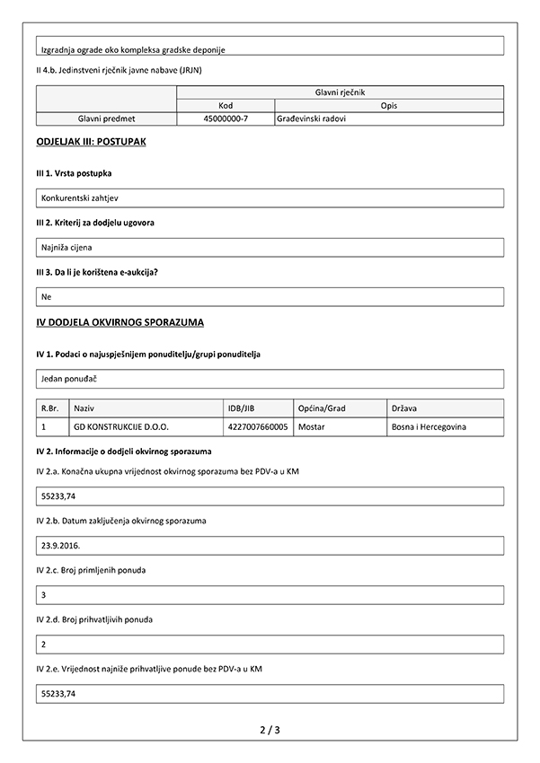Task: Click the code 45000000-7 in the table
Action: pyautogui.click(x=226, y=118)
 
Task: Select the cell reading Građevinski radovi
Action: pyautogui.click(x=312, y=118)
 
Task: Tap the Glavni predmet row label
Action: pyautogui.click(x=107, y=118)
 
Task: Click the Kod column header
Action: pyautogui.click(x=226, y=104)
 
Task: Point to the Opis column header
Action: pyautogui.click(x=389, y=104)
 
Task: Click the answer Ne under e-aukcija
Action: pyautogui.click(x=47, y=295)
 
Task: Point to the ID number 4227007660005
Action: pyautogui.click(x=259, y=427)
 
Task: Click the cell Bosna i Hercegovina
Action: pyautogui.click(x=429, y=427)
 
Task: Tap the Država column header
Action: pyautogui.click(x=405, y=408)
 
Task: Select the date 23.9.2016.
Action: pyautogui.click(x=61, y=545)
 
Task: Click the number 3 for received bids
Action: pyautogui.click(x=45, y=594)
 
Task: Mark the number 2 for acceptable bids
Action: pyautogui.click(x=45, y=644)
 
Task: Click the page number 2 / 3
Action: pyautogui.click(x=270, y=730)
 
